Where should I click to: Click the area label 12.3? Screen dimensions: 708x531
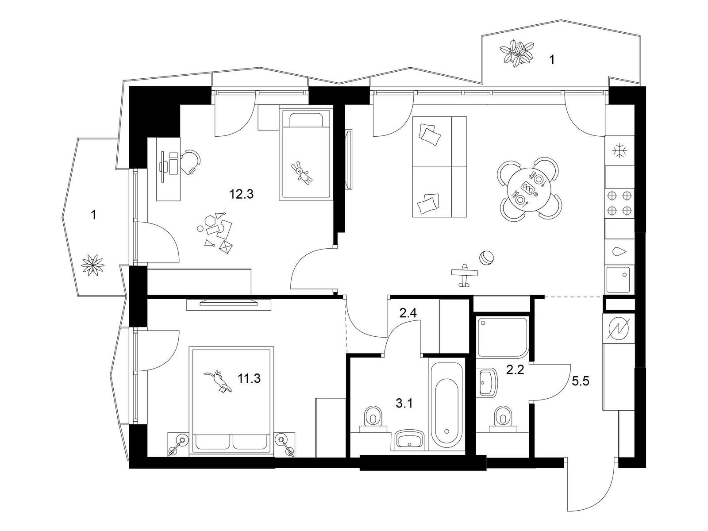pos(242,194)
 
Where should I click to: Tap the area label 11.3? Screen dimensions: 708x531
pos(249,378)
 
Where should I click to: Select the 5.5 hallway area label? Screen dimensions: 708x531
pos(580,381)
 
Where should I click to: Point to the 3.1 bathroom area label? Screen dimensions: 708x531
pos(404,403)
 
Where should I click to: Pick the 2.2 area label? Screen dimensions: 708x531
pos(515,369)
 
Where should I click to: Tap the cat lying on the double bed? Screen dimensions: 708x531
pos(218,382)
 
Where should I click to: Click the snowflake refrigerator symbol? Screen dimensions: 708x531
pos(619,151)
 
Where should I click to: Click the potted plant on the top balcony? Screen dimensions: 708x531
pos(516,53)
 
